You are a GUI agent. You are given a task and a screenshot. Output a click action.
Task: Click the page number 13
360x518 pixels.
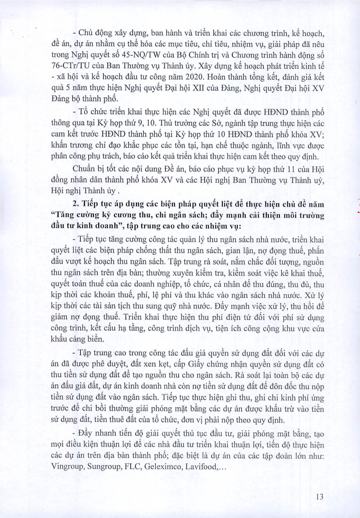[x=319, y=497]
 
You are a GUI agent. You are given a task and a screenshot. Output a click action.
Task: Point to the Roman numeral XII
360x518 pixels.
[x=198, y=88]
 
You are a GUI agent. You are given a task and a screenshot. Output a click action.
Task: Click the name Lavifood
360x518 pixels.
[x=201, y=466]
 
